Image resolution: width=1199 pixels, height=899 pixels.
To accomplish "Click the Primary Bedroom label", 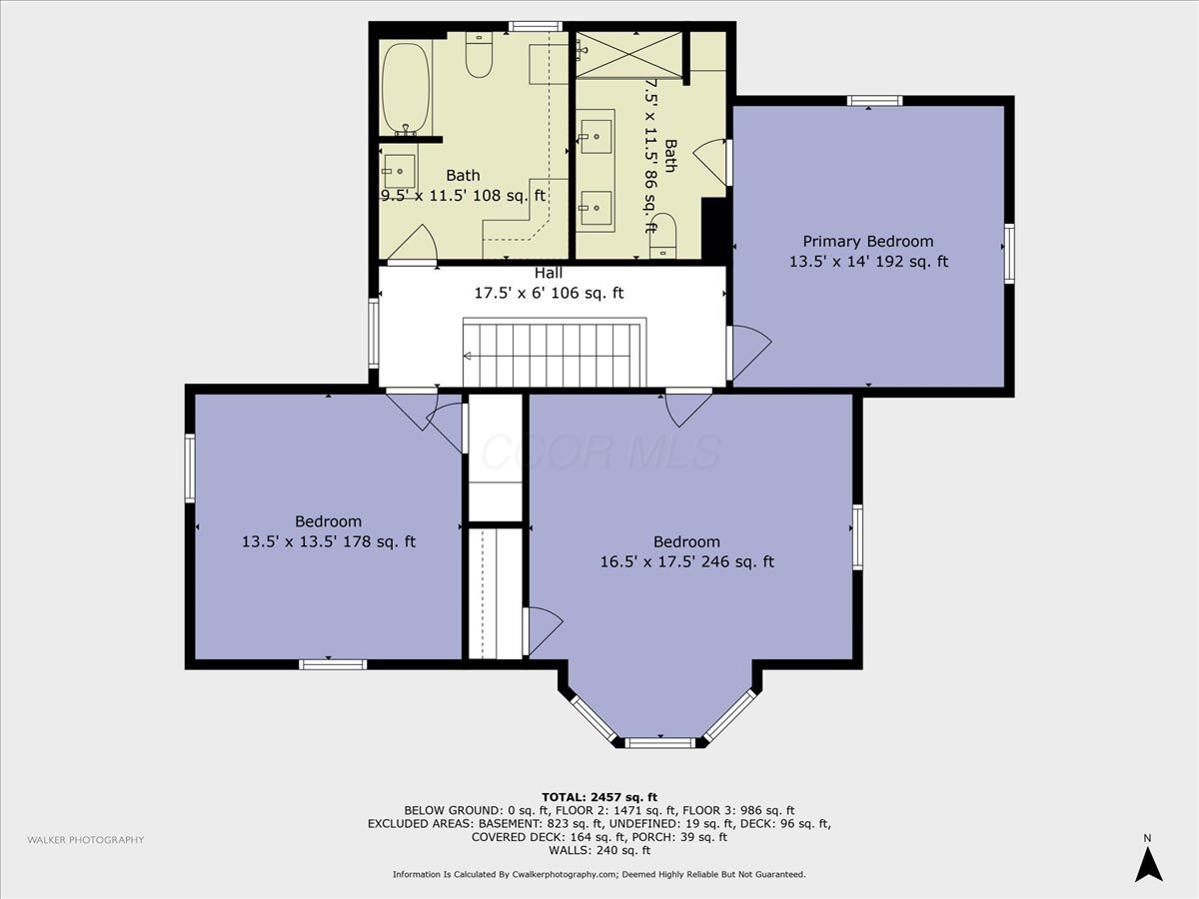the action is point(868,242).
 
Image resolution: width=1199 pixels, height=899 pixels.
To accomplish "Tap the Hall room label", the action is point(549,273).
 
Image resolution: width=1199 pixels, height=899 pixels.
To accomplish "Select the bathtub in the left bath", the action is point(406,89).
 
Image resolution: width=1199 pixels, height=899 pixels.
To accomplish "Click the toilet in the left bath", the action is point(479,54).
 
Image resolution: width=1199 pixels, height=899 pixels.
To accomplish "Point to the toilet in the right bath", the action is point(662,236).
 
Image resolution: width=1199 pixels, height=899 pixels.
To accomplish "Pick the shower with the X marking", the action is point(628,54).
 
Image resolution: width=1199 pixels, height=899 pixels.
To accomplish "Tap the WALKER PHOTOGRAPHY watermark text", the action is point(86,840).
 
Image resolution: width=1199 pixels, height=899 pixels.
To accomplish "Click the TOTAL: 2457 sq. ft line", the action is point(599,797).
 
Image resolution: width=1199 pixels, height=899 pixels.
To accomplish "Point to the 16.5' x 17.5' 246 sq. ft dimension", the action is point(686,561).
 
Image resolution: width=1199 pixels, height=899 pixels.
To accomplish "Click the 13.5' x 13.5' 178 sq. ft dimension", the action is point(329,541).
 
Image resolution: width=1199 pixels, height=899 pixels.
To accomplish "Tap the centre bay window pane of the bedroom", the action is point(659,742).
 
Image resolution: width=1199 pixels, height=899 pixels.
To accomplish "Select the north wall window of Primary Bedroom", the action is point(874,101).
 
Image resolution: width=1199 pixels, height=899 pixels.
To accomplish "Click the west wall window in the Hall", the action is point(374,333).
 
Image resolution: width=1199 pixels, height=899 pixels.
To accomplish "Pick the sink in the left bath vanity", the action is point(399,172).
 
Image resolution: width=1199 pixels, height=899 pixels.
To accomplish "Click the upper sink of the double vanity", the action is point(596,137).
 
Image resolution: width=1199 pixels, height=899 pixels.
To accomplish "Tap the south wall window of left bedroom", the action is point(333,664).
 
